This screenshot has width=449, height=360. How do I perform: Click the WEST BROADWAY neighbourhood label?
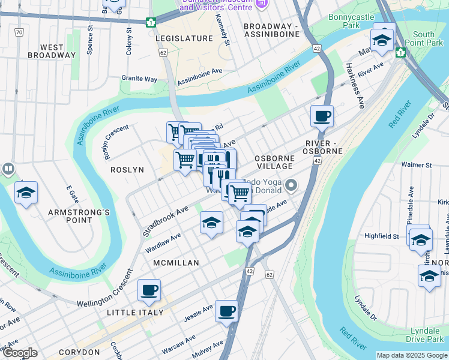52,51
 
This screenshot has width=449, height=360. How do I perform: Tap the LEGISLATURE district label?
184,38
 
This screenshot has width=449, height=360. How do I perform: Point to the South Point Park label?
428,38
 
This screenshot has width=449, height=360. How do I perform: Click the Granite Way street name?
139,79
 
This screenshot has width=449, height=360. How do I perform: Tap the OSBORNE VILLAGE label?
274,163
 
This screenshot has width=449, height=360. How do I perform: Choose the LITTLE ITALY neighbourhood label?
135,313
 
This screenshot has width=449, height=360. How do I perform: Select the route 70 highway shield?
20,32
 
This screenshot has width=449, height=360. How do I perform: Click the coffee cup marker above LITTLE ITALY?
149,290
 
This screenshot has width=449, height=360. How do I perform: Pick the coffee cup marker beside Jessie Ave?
226,311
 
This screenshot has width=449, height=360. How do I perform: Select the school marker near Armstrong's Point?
26,193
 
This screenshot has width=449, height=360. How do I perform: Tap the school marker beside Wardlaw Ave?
211,223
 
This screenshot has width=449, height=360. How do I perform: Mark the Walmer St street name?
417,164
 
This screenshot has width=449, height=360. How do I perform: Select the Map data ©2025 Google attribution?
412,355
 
